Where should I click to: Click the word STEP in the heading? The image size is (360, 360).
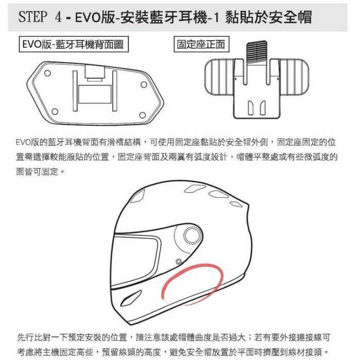pyautogui.click(x=32, y=17)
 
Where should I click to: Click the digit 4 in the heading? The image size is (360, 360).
pyautogui.click(x=58, y=17)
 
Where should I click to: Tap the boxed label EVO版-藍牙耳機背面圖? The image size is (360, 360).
pyautogui.click(x=74, y=44)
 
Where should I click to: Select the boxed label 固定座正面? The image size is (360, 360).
pyautogui.click(x=201, y=44)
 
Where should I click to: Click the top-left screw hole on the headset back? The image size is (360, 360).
pyautogui.click(x=47, y=73)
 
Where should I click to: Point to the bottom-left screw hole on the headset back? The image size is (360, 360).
pyautogui.click(x=55, y=112)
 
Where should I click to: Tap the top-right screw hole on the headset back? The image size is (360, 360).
pyautogui.click(x=144, y=84)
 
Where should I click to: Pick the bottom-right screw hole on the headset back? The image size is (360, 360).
pyautogui.click(x=142, y=115)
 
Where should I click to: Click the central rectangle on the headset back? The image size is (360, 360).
pyautogui.click(x=95, y=94)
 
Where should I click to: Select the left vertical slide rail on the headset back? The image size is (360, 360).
pyautogui.click(x=75, y=91)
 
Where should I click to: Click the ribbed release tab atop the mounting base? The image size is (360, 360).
pyautogui.click(x=256, y=53)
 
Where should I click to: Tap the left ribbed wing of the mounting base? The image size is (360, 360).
pyautogui.click(x=220, y=77)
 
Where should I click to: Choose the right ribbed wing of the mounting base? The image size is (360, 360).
pyautogui.click(x=294, y=77)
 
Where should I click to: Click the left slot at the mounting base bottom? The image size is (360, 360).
pyautogui.click(x=251, y=108)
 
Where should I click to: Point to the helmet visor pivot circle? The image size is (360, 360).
pyautogui.click(x=193, y=235)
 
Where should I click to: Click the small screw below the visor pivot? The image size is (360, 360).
pyautogui.click(x=179, y=262)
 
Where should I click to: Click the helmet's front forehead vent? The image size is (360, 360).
pyautogui.click(x=138, y=196)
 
